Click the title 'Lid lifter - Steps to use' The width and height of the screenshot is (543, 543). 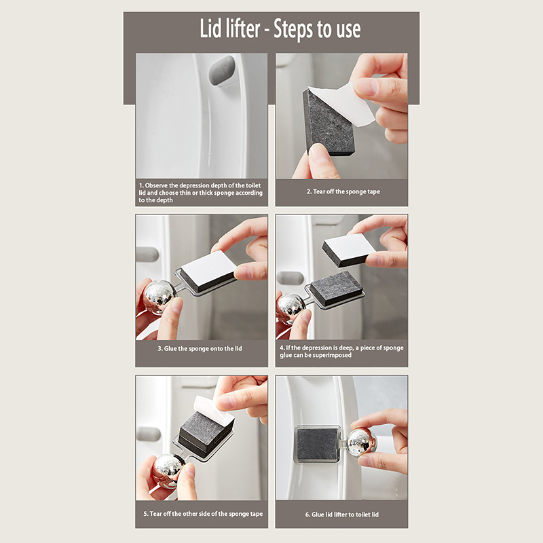point(280,29)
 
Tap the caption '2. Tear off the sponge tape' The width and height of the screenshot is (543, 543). point(343,191)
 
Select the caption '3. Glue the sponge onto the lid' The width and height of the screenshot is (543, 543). point(200,348)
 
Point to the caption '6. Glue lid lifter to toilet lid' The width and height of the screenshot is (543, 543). point(342,514)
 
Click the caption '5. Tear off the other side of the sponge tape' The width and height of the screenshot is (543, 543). point(203,514)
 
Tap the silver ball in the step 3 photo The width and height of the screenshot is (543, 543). point(160,296)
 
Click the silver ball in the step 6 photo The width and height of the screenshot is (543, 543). point(362,442)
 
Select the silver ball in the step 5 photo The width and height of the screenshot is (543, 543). point(169,469)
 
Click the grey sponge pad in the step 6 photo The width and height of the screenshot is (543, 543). point(317,445)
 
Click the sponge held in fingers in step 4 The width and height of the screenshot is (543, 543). point(349,249)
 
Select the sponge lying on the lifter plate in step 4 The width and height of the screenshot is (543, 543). point(337,288)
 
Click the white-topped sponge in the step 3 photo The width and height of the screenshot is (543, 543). point(208,269)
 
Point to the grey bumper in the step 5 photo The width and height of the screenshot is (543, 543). point(148,434)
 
